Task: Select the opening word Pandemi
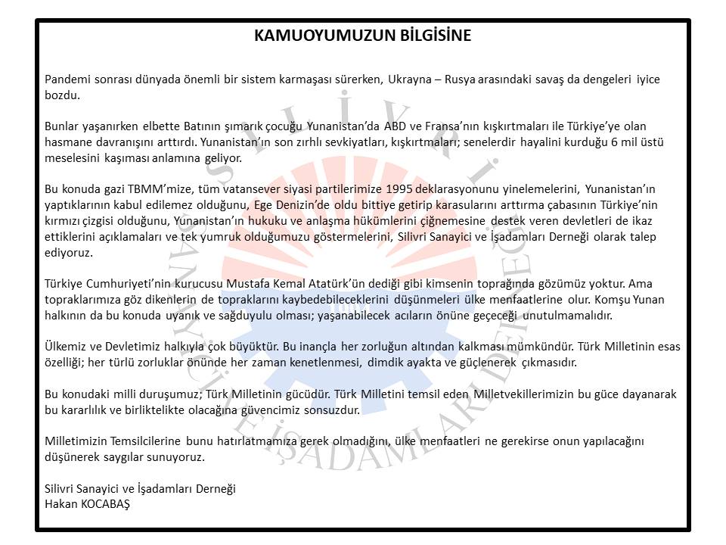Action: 67,79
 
